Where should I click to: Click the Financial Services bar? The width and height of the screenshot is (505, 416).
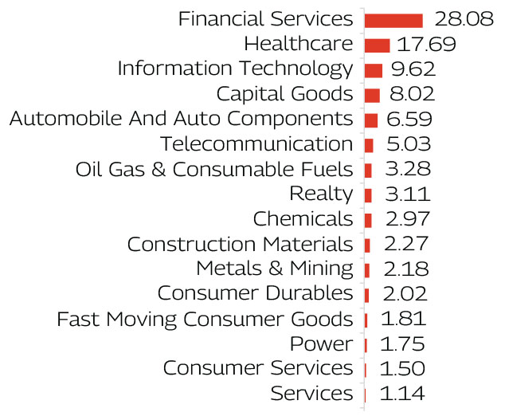tap(393, 20)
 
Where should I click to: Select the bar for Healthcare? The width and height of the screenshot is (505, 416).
tap(377, 45)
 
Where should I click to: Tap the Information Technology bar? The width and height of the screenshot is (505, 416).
tap(373, 69)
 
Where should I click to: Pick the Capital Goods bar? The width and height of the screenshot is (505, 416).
tap(372, 95)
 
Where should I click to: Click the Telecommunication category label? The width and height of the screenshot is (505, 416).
tap(256, 144)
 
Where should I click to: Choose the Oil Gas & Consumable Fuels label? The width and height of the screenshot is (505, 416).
tap(213, 170)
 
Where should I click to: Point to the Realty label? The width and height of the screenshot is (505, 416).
tap(320, 194)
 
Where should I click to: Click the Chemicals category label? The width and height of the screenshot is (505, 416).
tap(302, 219)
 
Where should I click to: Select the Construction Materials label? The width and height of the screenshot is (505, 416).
tap(239, 244)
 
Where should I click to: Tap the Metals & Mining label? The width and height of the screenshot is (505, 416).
tap(274, 269)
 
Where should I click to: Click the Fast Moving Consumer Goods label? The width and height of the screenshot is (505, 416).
tap(205, 319)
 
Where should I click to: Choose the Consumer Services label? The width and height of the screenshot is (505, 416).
tap(257, 368)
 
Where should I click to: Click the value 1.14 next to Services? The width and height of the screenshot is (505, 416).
tap(401, 394)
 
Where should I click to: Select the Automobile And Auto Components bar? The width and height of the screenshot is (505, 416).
tap(370, 120)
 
